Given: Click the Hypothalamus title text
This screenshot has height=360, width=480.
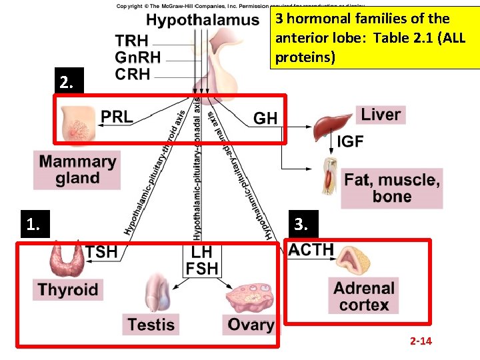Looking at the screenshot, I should tap(203, 20).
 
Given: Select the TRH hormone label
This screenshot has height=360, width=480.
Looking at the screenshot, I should tap(132, 41).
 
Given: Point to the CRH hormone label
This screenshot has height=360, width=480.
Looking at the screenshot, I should tap(133, 75).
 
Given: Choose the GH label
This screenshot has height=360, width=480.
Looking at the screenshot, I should tap(265, 119).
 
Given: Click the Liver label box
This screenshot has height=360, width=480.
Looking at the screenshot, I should tap(381, 115).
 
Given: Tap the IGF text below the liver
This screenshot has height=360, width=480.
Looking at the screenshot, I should tap(350, 141).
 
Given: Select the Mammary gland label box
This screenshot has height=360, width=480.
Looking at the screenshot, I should tap(77, 170).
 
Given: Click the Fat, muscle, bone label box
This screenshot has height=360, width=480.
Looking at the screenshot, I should tap(392, 188).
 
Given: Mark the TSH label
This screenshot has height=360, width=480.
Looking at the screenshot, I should tap(101, 251).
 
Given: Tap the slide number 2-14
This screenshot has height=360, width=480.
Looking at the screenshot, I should tap(421, 341).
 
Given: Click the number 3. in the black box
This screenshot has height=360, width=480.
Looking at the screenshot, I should tap(301, 225).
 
